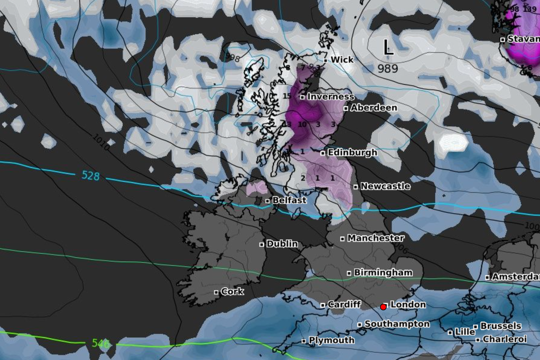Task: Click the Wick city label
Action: coord(342,59)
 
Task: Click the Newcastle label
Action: coord(385,186)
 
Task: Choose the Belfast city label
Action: coord(289,200)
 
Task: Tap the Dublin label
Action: coord(282,243)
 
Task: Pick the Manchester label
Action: coord(375,238)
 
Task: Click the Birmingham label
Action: coord(383,272)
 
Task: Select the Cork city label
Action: coord(232,291)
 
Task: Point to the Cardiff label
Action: coord(344,304)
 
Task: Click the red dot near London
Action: coord(383,307)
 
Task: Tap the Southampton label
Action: coord(396,324)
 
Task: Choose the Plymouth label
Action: coord(332,340)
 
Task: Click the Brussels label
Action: coord(500,326)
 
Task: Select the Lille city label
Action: coord(464,332)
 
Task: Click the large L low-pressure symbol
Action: coord(388,48)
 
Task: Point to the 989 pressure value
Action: coord(388,68)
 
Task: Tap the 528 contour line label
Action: coord(90,175)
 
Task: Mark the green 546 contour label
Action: coord(101,344)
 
